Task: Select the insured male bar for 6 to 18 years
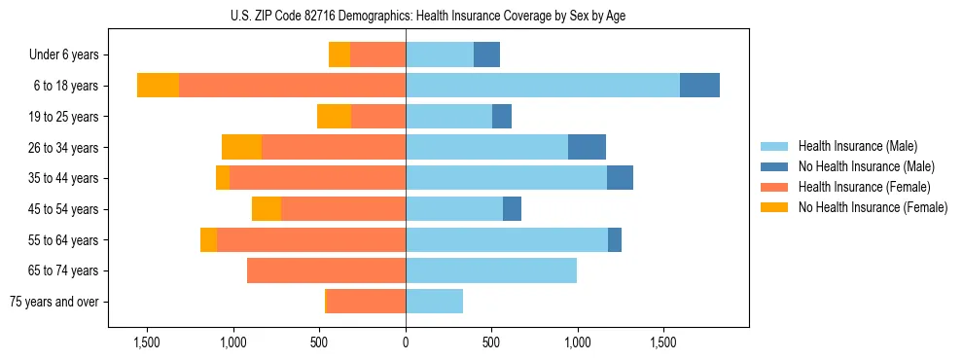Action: [x=542, y=86]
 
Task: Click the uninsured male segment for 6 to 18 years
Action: [x=699, y=86]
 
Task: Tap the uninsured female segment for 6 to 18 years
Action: [x=158, y=86]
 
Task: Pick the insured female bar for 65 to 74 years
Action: [x=326, y=270]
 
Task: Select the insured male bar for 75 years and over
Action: [x=434, y=302]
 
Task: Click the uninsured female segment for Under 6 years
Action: [x=339, y=54]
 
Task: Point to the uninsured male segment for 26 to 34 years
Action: [x=587, y=147]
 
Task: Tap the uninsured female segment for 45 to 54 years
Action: [x=267, y=209]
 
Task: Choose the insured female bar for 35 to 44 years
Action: [x=317, y=178]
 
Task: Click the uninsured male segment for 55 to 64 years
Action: [x=615, y=240]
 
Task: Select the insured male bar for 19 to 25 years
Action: [x=448, y=117]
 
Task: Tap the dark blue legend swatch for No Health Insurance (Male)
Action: [x=775, y=166]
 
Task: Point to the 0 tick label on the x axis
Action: [x=406, y=342]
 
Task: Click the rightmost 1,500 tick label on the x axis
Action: [x=664, y=342]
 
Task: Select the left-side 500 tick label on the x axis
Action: [x=320, y=342]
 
